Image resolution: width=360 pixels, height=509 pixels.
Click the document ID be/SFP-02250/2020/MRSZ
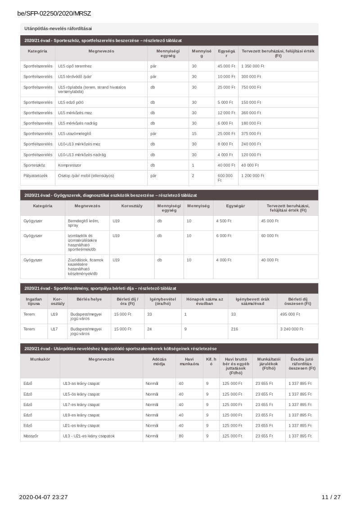[54, 13]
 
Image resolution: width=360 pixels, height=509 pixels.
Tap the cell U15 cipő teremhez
[75, 66]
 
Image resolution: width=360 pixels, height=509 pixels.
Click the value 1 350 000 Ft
[252, 66]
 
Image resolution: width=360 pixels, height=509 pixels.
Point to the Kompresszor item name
[69, 165]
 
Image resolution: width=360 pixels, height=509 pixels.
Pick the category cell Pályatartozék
[36, 176]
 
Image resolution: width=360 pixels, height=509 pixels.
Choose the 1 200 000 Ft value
[252, 176]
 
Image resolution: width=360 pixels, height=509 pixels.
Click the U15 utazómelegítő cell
[75, 134]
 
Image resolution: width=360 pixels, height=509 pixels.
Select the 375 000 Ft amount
[251, 134]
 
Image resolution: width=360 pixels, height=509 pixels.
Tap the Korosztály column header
[131, 205]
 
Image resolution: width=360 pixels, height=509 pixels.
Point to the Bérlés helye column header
[89, 299]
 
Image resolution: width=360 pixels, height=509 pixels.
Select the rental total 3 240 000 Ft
[291, 329]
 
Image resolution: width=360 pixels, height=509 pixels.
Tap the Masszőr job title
[31, 436]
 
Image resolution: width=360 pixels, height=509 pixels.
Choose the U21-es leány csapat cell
[81, 425]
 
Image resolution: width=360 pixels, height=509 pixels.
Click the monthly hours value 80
[181, 436]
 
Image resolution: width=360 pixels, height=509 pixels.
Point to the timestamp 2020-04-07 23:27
[43, 497]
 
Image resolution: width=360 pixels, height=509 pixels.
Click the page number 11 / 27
[331, 497]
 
